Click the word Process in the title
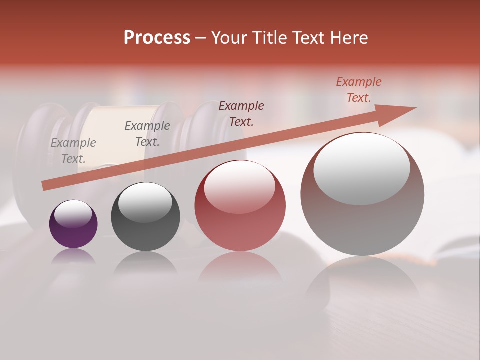coord(157,38)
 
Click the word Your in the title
coord(230,38)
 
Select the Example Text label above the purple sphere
coord(73,151)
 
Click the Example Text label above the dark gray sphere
coord(147,133)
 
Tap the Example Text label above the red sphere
coord(241,113)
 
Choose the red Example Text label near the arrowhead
coord(359,90)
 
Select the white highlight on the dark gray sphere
coord(145,202)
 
